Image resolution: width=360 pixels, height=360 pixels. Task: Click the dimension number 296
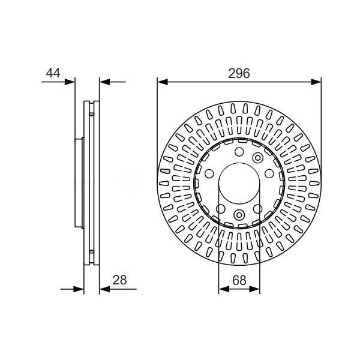(239, 73)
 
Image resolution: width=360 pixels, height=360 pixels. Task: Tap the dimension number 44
(53, 73)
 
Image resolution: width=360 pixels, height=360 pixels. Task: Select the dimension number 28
(119, 280)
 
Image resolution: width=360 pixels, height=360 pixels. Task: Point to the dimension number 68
(239, 280)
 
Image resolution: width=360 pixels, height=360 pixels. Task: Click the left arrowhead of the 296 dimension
(163, 82)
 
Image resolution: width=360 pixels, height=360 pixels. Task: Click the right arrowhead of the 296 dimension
(316, 82)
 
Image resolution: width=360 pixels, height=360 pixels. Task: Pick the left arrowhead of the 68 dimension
(224, 289)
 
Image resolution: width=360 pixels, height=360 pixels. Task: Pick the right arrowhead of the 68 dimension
(254, 289)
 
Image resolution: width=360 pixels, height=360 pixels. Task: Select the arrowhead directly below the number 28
(105, 289)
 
